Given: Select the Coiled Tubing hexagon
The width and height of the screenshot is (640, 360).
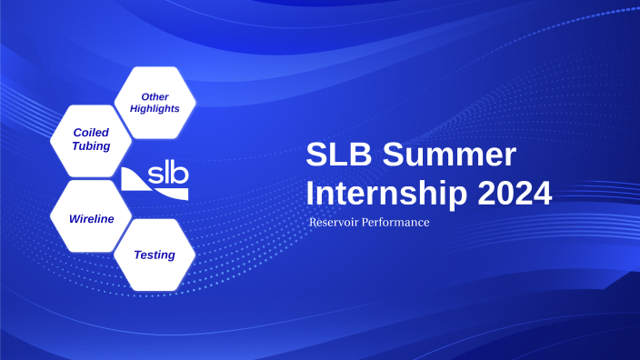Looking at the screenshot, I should point(91,139).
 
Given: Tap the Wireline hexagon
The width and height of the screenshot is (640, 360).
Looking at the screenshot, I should point(91,219).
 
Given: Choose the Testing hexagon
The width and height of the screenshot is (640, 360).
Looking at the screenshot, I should point(155,255).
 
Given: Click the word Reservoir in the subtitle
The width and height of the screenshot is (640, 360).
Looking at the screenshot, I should point(335,223).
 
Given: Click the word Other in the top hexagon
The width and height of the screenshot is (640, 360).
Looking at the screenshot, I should point(155,96).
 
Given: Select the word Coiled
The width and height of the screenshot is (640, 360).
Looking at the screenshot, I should point(91,133).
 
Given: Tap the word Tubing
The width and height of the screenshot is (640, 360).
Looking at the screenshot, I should point(91,145).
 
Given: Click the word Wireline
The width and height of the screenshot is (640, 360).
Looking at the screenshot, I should point(91,219).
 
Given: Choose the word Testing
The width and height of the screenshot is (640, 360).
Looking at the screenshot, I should point(155,255).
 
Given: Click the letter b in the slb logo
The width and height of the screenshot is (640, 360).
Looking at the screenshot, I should point(180,175).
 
